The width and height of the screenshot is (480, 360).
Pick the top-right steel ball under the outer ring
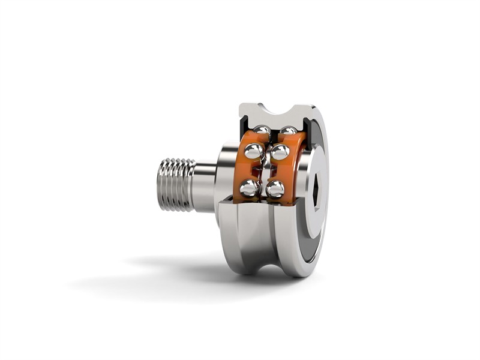pyautogui.click(x=289, y=130)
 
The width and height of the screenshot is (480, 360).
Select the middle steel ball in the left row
pyautogui.click(x=254, y=151)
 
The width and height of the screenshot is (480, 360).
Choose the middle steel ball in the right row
pyautogui.click(x=280, y=152)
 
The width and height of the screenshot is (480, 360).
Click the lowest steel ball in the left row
pyautogui.click(x=249, y=188)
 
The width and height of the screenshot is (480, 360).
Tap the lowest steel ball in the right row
pyautogui.click(x=275, y=189)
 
